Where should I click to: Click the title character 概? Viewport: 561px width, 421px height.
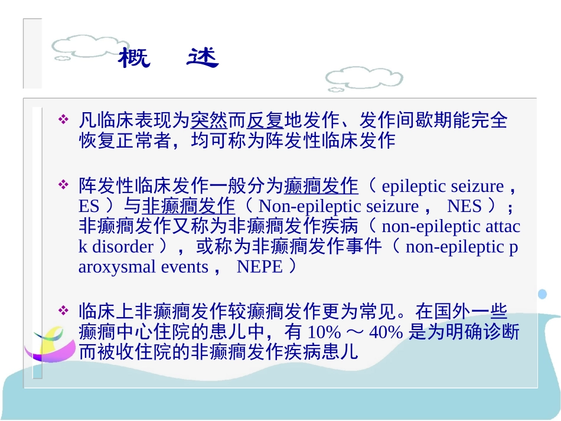point(134,58)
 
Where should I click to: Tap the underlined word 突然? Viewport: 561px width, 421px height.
point(209,120)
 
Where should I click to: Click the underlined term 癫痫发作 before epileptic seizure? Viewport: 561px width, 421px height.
point(321,187)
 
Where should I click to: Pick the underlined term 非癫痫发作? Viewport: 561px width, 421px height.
point(188,207)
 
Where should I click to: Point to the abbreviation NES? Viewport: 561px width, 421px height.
point(465,207)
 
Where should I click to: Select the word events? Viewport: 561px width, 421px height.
point(185,267)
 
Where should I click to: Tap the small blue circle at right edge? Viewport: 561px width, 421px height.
point(542,293)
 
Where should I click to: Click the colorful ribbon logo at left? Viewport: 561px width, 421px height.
point(48,346)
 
